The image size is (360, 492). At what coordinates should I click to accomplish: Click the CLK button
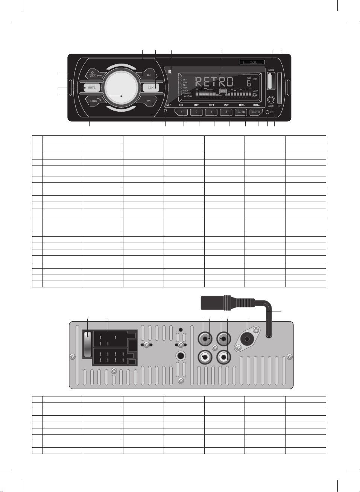click(151, 88)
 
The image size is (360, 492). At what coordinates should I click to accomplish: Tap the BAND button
click(93, 101)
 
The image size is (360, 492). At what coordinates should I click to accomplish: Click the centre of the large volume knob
click(121, 88)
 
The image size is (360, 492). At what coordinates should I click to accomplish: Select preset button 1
click(182, 112)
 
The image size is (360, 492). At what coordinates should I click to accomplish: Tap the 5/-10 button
click(241, 112)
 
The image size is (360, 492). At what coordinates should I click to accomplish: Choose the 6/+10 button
click(256, 112)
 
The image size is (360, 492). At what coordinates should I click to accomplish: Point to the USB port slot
click(271, 81)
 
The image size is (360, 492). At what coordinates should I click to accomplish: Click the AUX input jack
click(271, 100)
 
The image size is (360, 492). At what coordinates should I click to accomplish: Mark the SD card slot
click(279, 88)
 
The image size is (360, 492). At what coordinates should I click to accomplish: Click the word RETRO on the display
click(214, 82)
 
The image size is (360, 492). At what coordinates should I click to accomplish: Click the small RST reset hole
click(267, 112)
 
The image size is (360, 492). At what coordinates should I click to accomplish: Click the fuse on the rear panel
click(88, 344)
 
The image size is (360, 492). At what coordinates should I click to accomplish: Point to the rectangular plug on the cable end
click(212, 302)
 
